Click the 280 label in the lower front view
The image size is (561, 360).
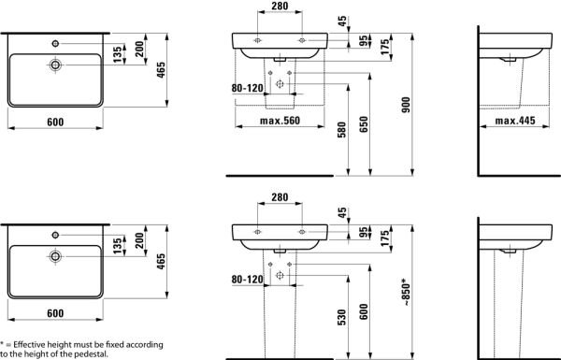pyautogui.click(x=278, y=198)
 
